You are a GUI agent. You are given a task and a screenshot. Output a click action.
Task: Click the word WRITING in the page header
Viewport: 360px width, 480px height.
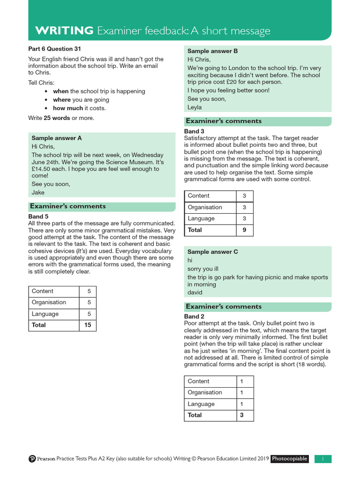pyautogui.click(x=64, y=31)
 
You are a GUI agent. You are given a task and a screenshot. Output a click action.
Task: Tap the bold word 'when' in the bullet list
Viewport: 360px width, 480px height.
pyautogui.click(x=60, y=91)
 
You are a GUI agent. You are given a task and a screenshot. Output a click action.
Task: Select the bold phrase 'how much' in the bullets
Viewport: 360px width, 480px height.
pyautogui.click(x=68, y=108)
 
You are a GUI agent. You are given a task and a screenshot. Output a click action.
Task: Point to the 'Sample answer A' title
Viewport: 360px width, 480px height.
pyautogui.click(x=56, y=138)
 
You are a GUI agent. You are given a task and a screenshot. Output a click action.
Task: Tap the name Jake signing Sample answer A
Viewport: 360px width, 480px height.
pyautogui.click(x=38, y=193)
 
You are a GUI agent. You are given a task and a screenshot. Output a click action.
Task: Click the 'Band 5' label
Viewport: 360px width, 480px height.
pyautogui.click(x=38, y=217)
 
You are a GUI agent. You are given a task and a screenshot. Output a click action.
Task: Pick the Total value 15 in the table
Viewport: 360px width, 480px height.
pyautogui.click(x=87, y=325)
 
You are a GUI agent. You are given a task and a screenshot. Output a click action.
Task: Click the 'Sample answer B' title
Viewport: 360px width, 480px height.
pyautogui.click(x=212, y=51)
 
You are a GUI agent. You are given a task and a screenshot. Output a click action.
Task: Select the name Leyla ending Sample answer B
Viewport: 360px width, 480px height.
pyautogui.click(x=195, y=107)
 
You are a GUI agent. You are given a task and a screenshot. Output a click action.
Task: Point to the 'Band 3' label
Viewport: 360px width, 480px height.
pyautogui.click(x=194, y=131)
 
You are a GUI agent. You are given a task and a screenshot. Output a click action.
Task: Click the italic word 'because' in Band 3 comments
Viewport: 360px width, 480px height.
pyautogui.click(x=317, y=165)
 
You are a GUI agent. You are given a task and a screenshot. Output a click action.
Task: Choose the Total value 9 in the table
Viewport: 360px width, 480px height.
pyautogui.click(x=244, y=230)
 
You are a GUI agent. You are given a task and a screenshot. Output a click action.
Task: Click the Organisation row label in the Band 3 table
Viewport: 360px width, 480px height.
pyautogui.click(x=205, y=207)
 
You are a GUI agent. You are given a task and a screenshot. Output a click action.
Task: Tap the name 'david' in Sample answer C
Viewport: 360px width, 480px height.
pyautogui.click(x=195, y=292)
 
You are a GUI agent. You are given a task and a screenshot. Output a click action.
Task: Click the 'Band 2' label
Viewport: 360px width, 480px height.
pyautogui.click(x=194, y=316)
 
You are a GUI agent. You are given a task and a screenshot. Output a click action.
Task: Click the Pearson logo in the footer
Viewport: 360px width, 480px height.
pyautogui.click(x=32, y=459)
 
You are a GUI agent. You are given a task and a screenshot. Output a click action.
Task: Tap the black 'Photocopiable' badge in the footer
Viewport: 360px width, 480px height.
pyautogui.click(x=290, y=459)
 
